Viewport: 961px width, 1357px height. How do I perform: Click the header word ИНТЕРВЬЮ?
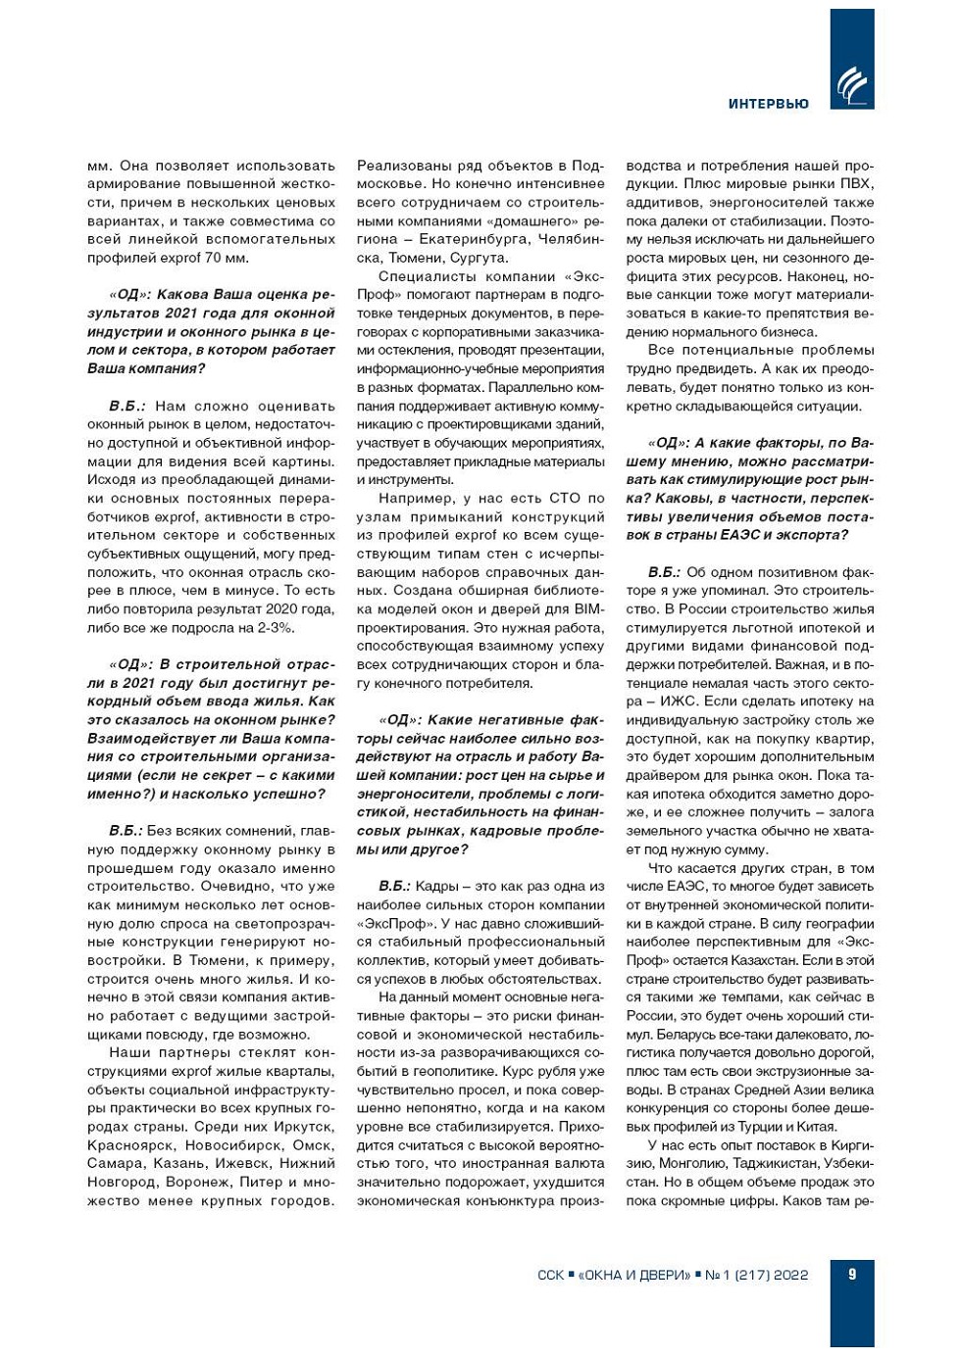[768, 104]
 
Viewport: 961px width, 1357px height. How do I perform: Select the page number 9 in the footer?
[851, 1274]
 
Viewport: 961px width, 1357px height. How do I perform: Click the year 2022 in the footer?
[790, 1275]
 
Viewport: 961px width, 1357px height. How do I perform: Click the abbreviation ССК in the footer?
[550, 1275]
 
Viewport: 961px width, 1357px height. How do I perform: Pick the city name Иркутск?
[304, 1127]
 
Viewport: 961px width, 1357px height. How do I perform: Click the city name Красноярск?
[129, 1145]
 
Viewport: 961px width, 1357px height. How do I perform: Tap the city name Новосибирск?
[231, 1145]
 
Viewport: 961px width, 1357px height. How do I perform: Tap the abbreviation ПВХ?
[857, 184]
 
